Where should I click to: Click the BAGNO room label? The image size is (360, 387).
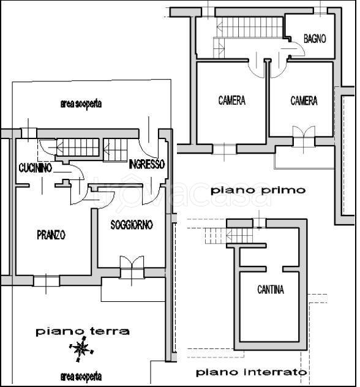(x=315, y=39)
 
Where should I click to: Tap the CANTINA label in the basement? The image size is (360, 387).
(x=271, y=290)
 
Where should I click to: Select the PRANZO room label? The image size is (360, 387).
(x=51, y=235)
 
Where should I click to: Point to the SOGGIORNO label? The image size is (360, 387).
(x=132, y=225)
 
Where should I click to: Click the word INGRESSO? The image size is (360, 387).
(x=146, y=164)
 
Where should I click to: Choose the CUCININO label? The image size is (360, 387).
(x=36, y=168)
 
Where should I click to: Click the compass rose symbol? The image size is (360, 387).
(x=81, y=349)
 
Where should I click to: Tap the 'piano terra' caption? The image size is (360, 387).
(x=83, y=331)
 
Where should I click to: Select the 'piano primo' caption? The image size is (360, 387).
(x=258, y=190)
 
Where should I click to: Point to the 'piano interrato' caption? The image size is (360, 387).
(x=252, y=372)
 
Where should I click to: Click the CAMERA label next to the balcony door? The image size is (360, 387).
(x=304, y=100)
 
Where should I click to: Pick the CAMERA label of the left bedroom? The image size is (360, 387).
(x=231, y=100)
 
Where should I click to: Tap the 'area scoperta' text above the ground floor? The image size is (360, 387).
(x=81, y=103)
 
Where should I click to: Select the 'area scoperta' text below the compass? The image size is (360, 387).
(x=81, y=377)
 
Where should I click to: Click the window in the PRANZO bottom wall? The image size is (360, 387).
(x=47, y=281)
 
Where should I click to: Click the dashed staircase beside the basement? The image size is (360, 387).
(x=228, y=236)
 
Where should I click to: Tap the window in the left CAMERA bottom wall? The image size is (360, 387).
(x=224, y=149)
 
